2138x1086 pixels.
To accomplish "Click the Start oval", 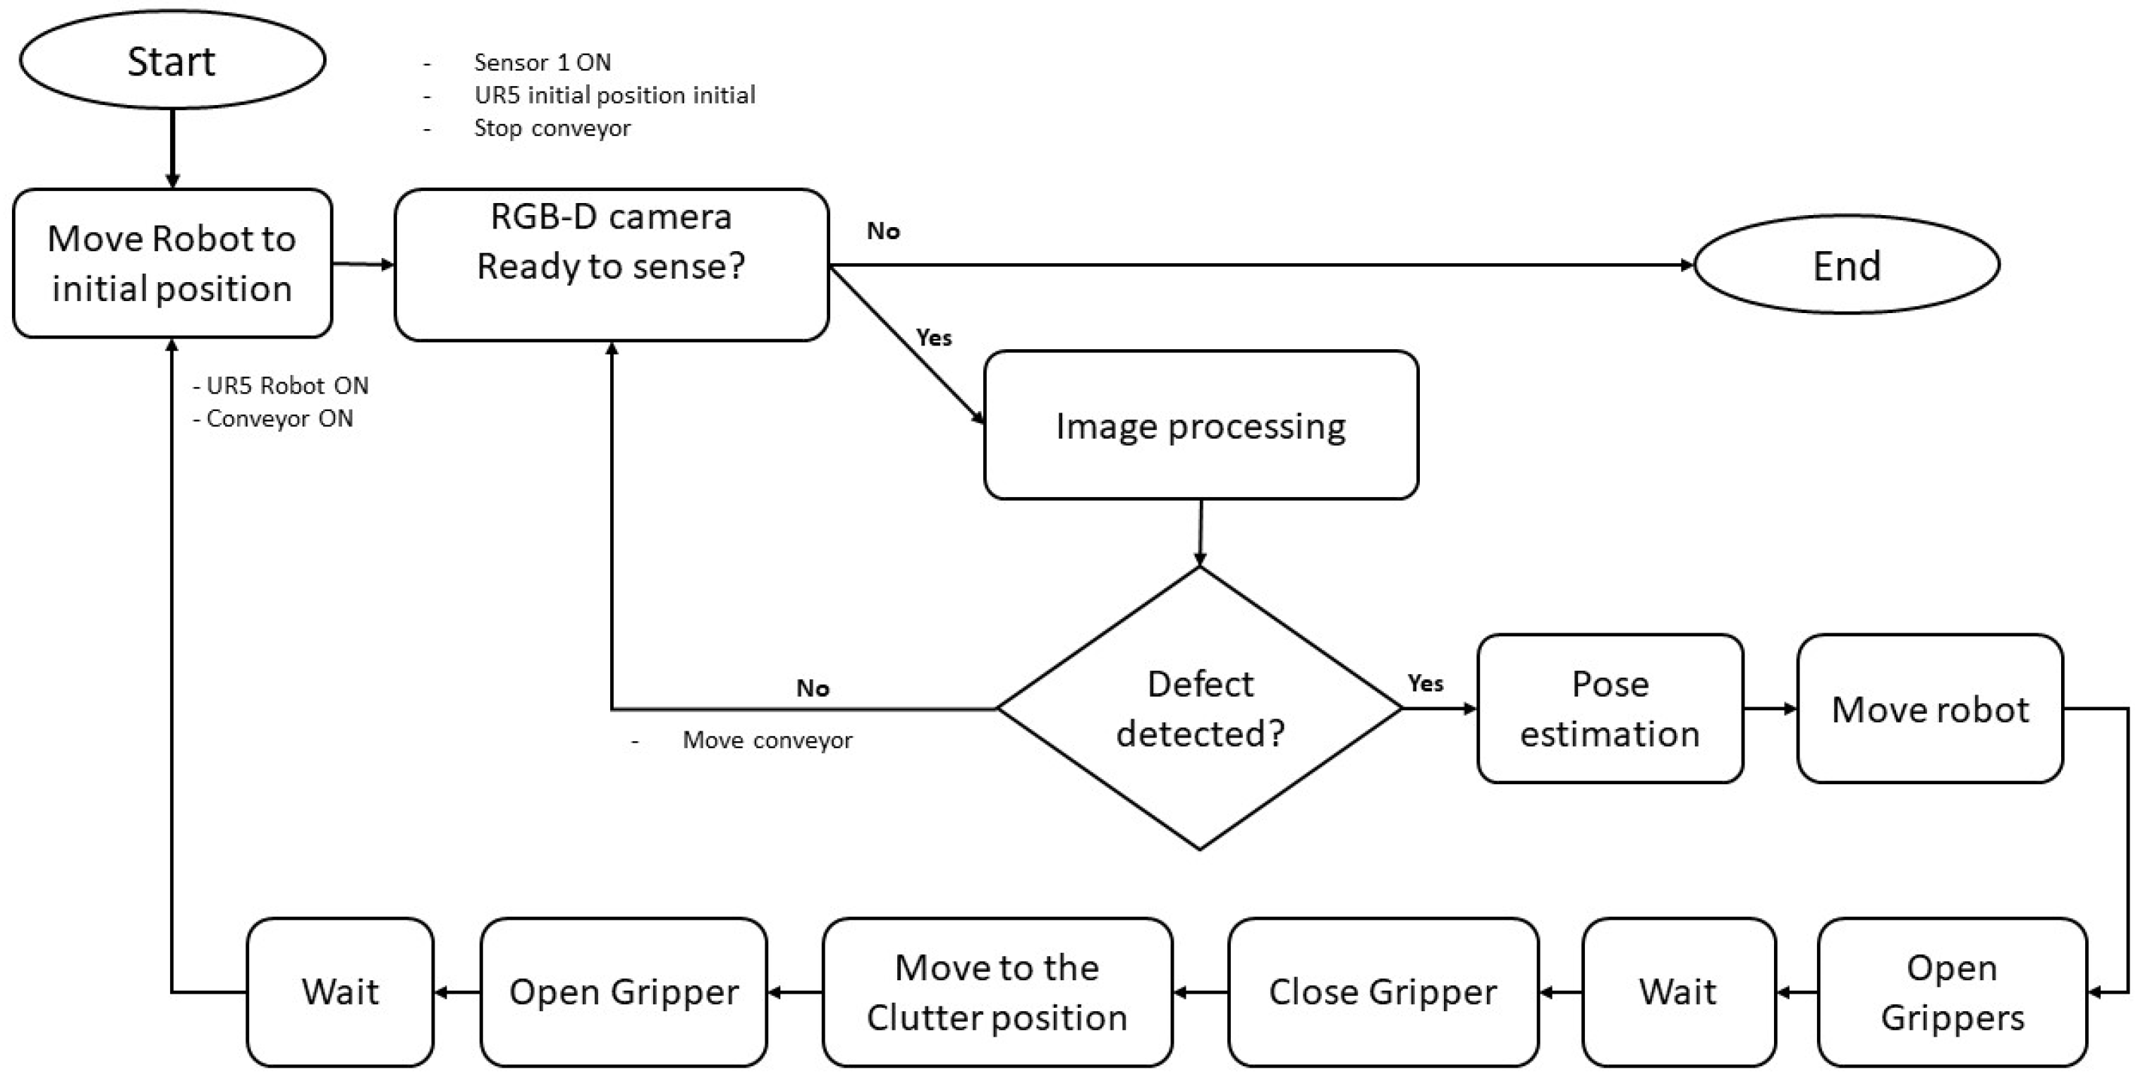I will (x=172, y=61).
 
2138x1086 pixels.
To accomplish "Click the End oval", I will (x=1846, y=265).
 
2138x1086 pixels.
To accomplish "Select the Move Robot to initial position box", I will (x=172, y=263).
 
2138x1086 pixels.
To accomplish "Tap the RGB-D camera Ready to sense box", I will (x=611, y=264).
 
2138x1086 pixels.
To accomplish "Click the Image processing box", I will (x=1200, y=425).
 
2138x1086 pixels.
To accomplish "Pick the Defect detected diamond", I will (x=1199, y=709).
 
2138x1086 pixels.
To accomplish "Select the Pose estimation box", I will (x=1609, y=709).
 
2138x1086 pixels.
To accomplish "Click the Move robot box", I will (x=1930, y=709).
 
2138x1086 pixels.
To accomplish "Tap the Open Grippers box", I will (x=1951, y=992).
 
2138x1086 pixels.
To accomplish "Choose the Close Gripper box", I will (x=1383, y=992).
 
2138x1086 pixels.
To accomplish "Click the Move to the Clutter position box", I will (x=997, y=992).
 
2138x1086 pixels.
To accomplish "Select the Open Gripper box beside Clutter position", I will (x=624, y=992).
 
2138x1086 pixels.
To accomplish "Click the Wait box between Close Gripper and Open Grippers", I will (x=1677, y=992).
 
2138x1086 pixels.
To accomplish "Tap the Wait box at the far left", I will (x=340, y=992).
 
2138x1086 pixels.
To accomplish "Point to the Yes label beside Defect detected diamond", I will (x=1425, y=683).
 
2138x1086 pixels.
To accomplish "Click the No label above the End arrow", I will (x=883, y=231).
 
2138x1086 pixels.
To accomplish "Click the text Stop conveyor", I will (x=552, y=128).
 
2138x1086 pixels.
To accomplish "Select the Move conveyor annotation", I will (x=767, y=740).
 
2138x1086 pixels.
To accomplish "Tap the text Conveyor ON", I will (x=279, y=418).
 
